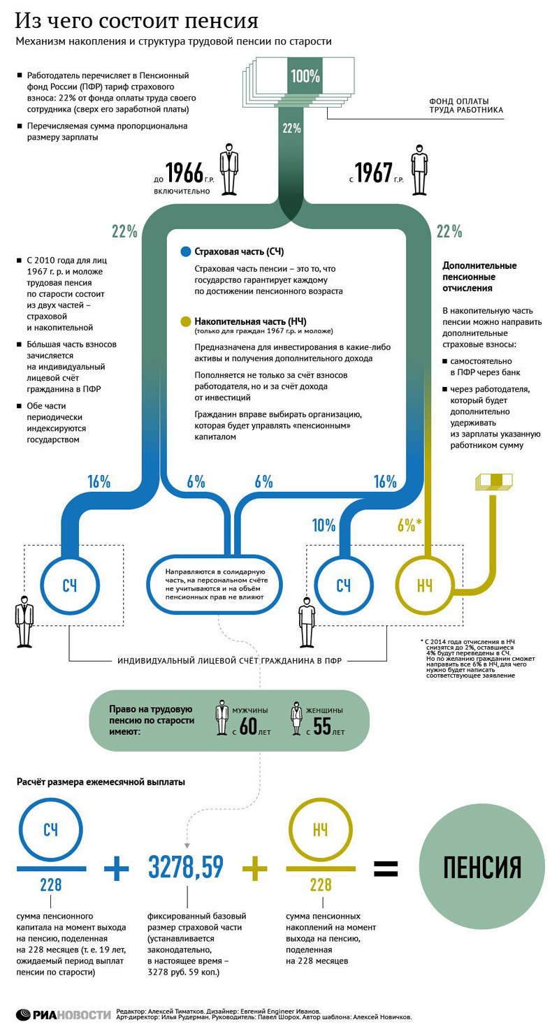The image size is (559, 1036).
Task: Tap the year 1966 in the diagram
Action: pyautogui.click(x=184, y=173)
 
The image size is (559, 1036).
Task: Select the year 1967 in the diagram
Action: pyautogui.click(x=373, y=173)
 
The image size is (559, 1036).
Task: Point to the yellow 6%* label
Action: pyautogui.click(x=407, y=525)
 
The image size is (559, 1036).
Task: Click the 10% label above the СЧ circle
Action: pyautogui.click(x=324, y=525)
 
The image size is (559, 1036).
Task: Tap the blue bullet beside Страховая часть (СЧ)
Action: pyautogui.click(x=185, y=252)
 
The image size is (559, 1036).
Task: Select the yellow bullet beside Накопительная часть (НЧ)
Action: pyautogui.click(x=185, y=321)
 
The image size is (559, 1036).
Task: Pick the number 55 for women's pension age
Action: pyautogui.click(x=322, y=727)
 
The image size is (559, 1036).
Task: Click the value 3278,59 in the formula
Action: pyautogui.click(x=186, y=867)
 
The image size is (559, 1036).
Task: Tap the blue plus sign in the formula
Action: pyautogui.click(x=116, y=868)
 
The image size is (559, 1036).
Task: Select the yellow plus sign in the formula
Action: pyautogui.click(x=255, y=868)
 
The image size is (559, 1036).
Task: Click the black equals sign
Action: pyautogui.click(x=386, y=868)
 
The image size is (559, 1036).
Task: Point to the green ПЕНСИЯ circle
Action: pyautogui.click(x=482, y=867)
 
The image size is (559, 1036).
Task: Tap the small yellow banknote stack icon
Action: pyautogui.click(x=493, y=481)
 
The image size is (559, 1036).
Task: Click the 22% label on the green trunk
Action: pyautogui.click(x=291, y=129)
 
